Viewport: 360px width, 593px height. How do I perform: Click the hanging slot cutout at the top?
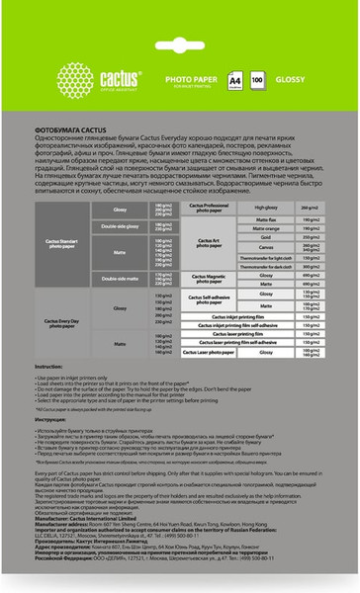179,22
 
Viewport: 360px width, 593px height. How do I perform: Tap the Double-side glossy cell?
120,226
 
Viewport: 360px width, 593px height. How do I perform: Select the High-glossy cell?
237,208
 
